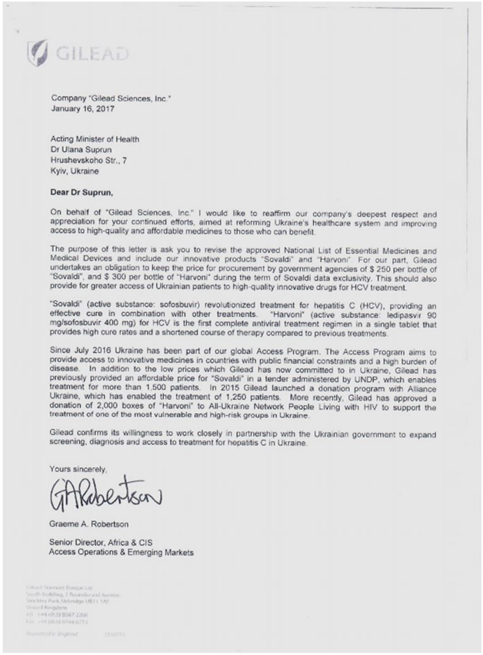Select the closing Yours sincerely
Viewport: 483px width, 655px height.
click(x=79, y=467)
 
